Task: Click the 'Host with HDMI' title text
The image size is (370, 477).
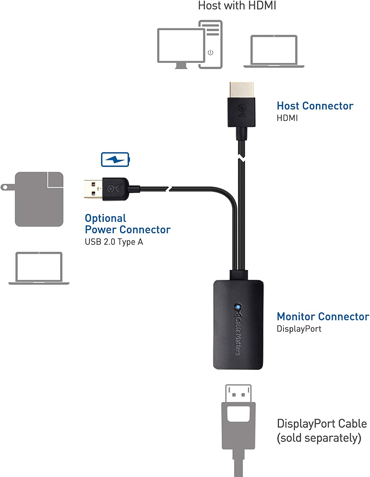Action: pyautogui.click(x=237, y=5)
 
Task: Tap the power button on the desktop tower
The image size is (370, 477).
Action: pyautogui.click(x=210, y=52)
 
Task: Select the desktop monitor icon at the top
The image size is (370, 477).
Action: pyautogui.click(x=181, y=46)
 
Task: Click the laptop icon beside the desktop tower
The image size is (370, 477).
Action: pyautogui.click(x=274, y=51)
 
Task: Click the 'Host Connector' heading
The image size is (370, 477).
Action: pyautogui.click(x=315, y=106)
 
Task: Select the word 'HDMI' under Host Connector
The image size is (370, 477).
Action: pyautogui.click(x=287, y=118)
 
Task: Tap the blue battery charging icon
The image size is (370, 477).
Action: pyautogui.click(x=115, y=159)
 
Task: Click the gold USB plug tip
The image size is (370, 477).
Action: pyautogui.click(x=93, y=189)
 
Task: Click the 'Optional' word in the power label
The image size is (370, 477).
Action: pyautogui.click(x=105, y=218)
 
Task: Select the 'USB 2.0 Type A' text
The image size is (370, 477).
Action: pyautogui.click(x=114, y=242)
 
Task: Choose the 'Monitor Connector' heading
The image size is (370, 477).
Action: pyautogui.click(x=323, y=316)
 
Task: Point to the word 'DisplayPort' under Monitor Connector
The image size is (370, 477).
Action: pyautogui.click(x=299, y=329)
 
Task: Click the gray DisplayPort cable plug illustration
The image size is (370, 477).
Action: pyautogui.click(x=238, y=423)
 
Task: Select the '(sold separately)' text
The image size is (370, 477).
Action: pyautogui.click(x=319, y=438)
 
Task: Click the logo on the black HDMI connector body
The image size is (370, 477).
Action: pyautogui.click(x=242, y=111)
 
